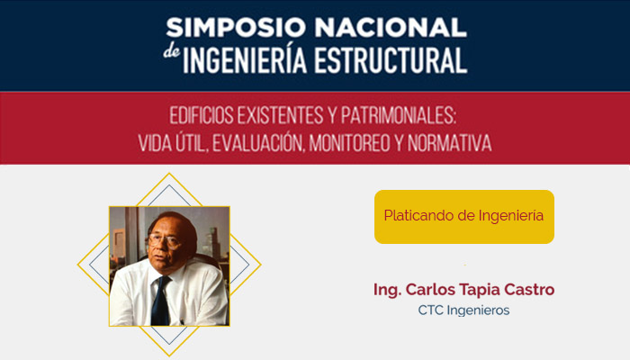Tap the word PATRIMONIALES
pyautogui.click(x=398, y=116)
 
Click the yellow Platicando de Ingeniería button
pyautogui.click(x=463, y=217)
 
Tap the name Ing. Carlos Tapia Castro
pyautogui.click(x=463, y=290)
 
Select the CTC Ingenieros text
pyautogui.click(x=463, y=310)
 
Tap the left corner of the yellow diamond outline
pyautogui.click(x=78, y=265)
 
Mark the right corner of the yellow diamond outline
pyautogui.click(x=261, y=265)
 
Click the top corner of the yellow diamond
pyautogui.click(x=169, y=174)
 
